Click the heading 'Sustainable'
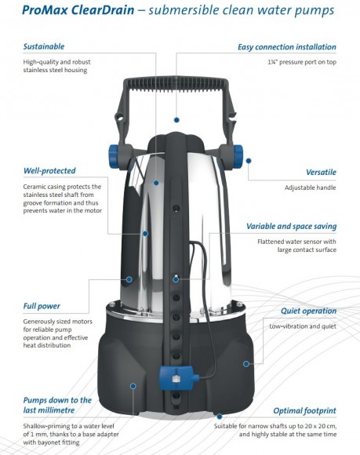pos(44,46)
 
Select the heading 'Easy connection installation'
pos(287,47)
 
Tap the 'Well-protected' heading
pos(49,171)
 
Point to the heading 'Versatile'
pos(321,172)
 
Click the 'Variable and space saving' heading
pos(291,227)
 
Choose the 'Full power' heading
pos(42,306)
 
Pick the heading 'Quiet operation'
pos(308,311)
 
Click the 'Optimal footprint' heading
pos(304,411)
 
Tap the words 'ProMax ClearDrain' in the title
pos(78,10)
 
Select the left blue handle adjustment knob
pos(114,157)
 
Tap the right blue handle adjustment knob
pos(238,157)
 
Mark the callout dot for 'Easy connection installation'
pos(176,120)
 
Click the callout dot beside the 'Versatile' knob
pos(249,161)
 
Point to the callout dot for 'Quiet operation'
pos(246,363)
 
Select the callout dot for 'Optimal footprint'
pos(220,417)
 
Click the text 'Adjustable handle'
pos(310,187)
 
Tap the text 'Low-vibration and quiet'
pos(303,326)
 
